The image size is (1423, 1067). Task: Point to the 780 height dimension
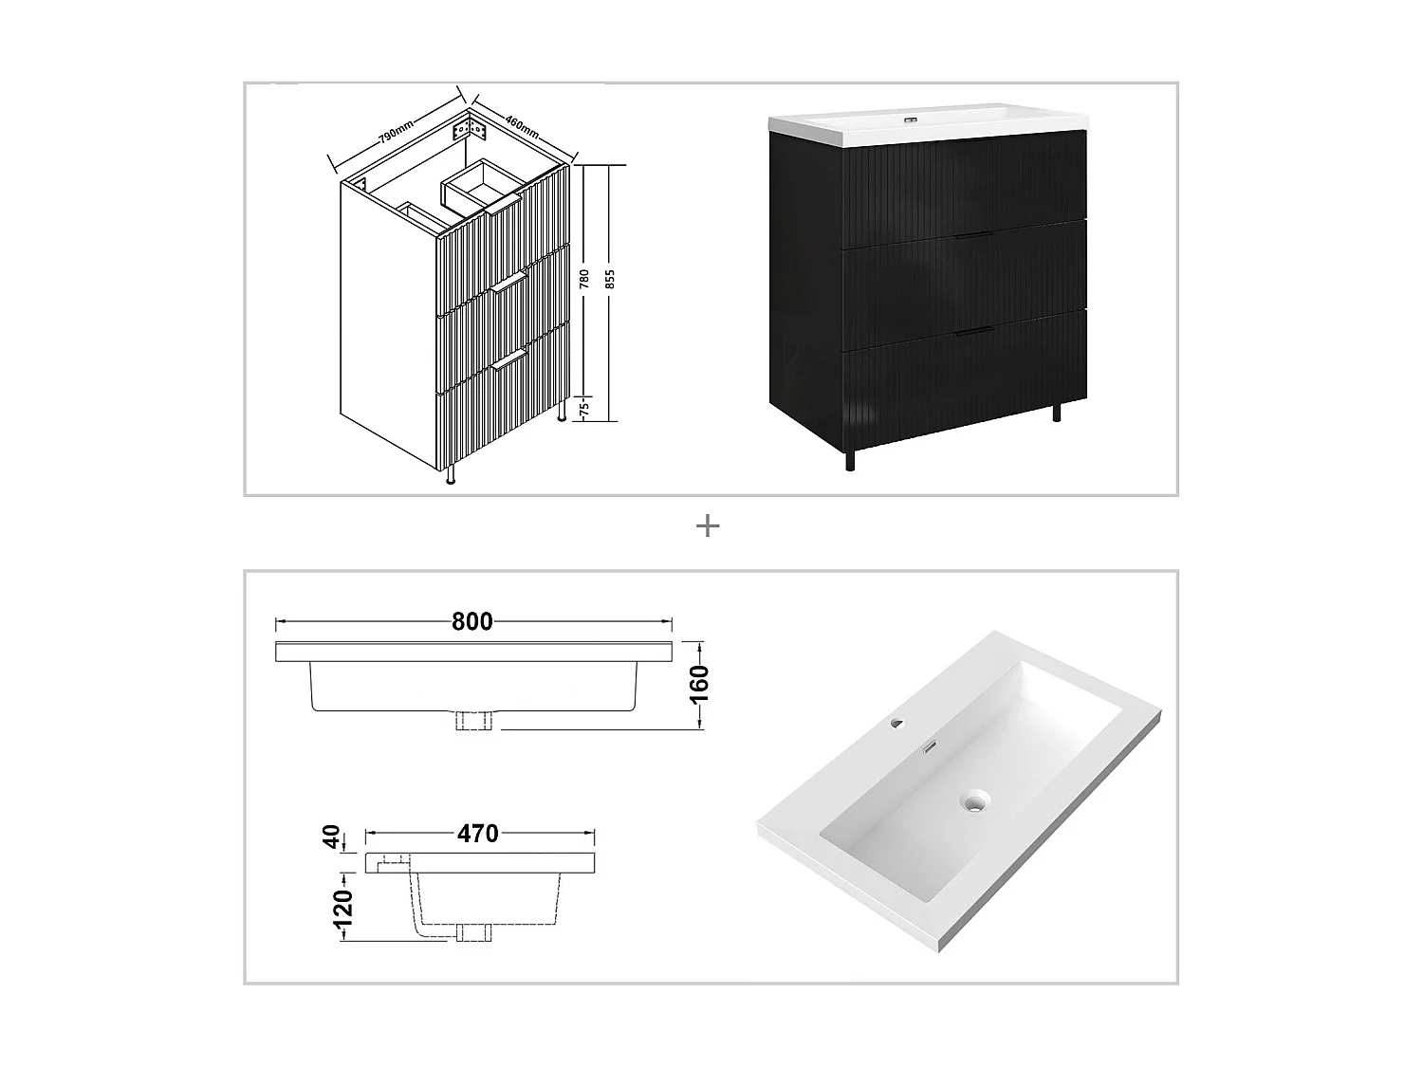[x=585, y=280]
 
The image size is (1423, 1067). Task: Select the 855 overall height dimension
[x=610, y=279]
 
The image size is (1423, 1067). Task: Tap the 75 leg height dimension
[x=584, y=408]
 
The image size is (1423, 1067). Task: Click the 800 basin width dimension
[x=471, y=622]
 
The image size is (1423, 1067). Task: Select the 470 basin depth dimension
[x=477, y=834]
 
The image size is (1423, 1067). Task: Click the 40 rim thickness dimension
[x=331, y=837]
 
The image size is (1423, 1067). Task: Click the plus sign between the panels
[x=708, y=526]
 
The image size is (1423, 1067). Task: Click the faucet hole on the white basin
[x=896, y=726]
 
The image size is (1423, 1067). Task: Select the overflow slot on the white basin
[x=931, y=747]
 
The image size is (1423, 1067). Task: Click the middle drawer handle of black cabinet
[x=973, y=233]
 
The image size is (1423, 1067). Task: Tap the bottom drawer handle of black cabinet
[x=973, y=330]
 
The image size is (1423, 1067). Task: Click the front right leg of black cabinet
[x=1058, y=411]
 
